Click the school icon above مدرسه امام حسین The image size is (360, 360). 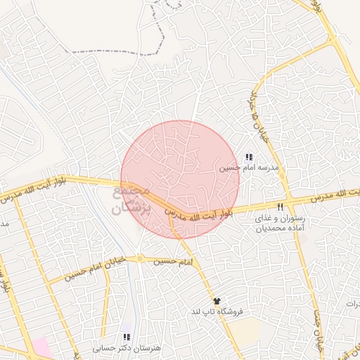[248, 157]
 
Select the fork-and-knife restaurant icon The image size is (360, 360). [280, 207]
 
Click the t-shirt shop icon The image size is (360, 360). [217, 301]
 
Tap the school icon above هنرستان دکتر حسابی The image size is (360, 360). [127, 337]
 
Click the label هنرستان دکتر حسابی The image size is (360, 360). [127, 348]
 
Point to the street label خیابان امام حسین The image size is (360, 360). [90, 268]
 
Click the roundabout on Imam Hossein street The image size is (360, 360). [140, 259]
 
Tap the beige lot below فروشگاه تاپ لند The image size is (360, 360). [243, 330]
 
